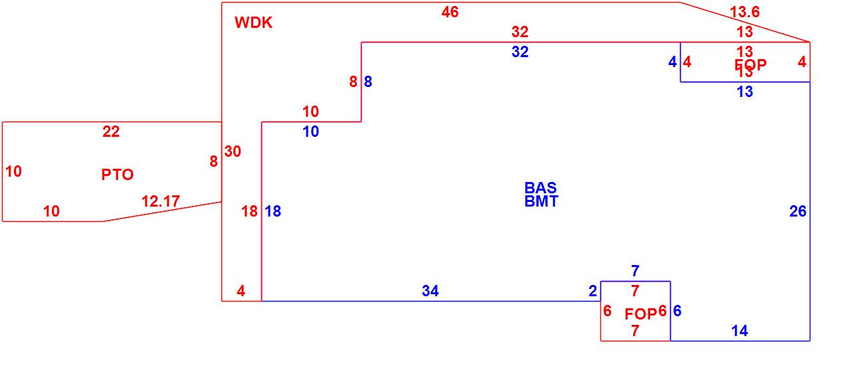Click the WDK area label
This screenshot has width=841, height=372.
(x=253, y=23)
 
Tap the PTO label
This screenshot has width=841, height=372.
(x=117, y=175)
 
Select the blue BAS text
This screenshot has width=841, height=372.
(x=540, y=188)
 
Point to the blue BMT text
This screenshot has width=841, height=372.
(x=541, y=201)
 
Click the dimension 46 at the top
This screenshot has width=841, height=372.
(x=450, y=12)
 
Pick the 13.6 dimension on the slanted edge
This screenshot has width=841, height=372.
(x=744, y=12)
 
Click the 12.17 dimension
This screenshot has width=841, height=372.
(x=160, y=201)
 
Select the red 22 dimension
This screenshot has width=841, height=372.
(x=111, y=132)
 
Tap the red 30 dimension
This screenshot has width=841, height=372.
(x=233, y=151)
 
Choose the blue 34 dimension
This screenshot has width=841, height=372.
(x=430, y=291)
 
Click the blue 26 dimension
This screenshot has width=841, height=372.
(x=798, y=211)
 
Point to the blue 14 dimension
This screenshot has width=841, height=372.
(x=739, y=331)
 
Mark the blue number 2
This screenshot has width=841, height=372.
(x=592, y=291)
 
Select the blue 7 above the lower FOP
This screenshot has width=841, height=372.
(x=635, y=271)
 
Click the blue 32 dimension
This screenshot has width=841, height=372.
(x=520, y=52)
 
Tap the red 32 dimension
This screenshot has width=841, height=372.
(x=520, y=31)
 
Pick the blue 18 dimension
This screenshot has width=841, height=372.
(x=273, y=211)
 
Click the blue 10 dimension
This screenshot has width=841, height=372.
(x=310, y=132)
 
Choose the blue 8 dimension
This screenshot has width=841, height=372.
(x=368, y=82)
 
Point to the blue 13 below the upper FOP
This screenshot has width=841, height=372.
(x=745, y=92)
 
